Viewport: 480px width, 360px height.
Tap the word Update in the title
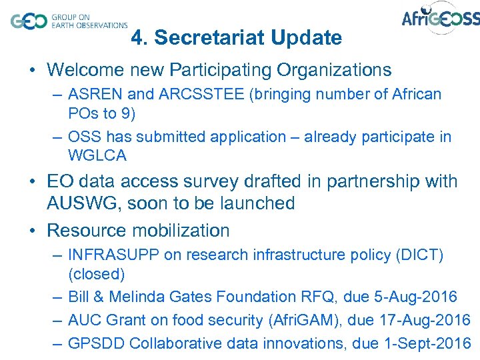point(308,39)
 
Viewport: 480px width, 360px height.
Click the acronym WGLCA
point(97,156)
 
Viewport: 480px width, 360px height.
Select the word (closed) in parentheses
point(96,274)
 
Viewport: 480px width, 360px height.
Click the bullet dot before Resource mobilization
point(32,231)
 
